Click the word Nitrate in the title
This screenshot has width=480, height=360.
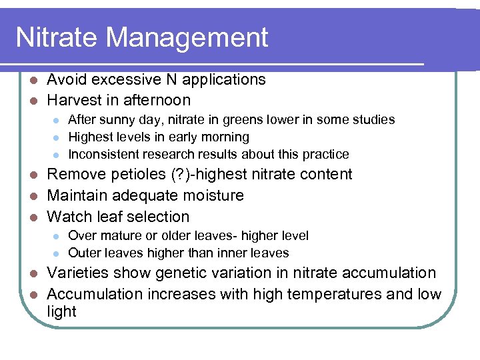click(x=56, y=37)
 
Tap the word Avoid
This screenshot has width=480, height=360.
click(x=67, y=79)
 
